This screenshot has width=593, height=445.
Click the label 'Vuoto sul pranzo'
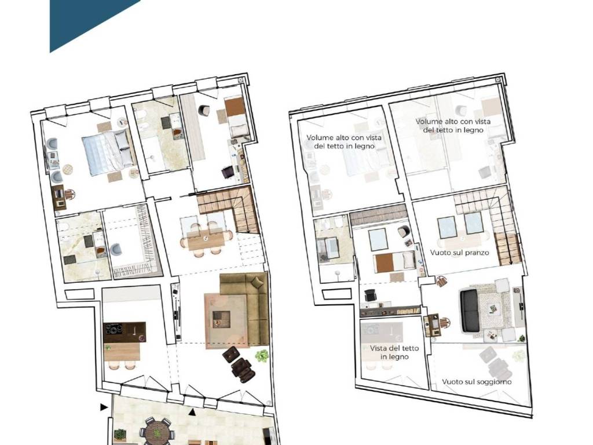(x=459, y=253)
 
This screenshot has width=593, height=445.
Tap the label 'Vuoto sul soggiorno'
(x=477, y=382)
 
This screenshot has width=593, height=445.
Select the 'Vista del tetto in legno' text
(x=394, y=352)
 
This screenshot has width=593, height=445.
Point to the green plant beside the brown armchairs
(x=262, y=356)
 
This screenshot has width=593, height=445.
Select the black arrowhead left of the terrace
(x=104, y=407)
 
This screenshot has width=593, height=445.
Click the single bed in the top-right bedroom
(x=237, y=118)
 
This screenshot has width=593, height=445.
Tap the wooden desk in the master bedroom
(x=58, y=197)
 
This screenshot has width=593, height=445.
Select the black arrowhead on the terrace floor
(x=192, y=412)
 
